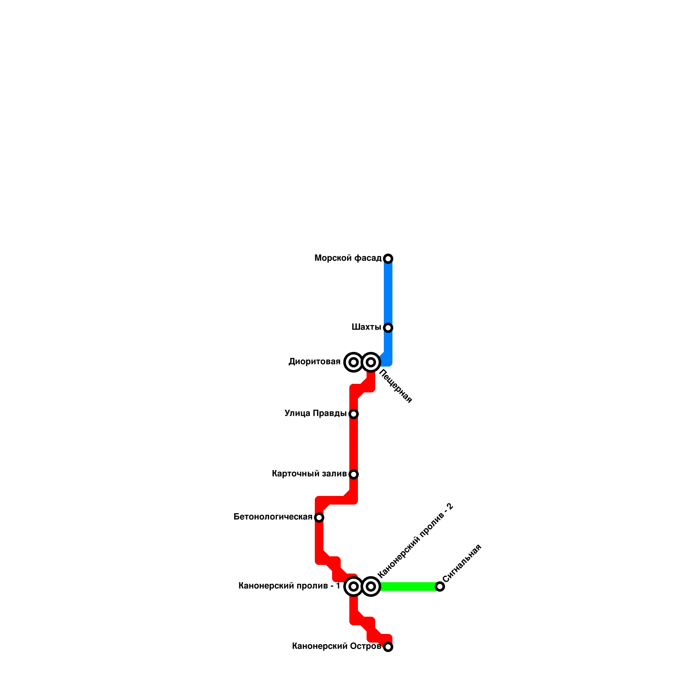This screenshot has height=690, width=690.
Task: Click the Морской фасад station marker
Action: [388, 259]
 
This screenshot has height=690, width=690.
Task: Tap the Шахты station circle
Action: [388, 328]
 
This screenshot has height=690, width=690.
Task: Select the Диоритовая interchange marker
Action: [354, 362]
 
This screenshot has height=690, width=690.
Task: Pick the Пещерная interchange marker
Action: [371, 362]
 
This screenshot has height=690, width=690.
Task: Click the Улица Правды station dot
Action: [354, 414]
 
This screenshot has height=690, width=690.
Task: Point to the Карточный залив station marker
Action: [354, 474]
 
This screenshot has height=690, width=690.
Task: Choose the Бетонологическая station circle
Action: [319, 517]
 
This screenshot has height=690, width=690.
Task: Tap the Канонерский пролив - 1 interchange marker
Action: [354, 586]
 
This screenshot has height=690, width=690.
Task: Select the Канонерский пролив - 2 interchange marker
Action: [371, 586]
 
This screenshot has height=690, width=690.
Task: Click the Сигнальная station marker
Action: [440, 586]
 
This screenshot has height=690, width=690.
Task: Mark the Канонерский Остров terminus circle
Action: [388, 647]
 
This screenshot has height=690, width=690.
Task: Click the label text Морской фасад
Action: [348, 258]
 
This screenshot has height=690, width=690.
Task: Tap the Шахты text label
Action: [366, 327]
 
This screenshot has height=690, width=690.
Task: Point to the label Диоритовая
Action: [314, 362]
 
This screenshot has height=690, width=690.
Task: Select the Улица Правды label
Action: [315, 414]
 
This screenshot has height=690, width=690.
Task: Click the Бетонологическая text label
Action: [273, 517]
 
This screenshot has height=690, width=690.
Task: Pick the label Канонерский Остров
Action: [336, 646]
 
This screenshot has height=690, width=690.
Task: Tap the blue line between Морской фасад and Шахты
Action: [388, 293]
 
